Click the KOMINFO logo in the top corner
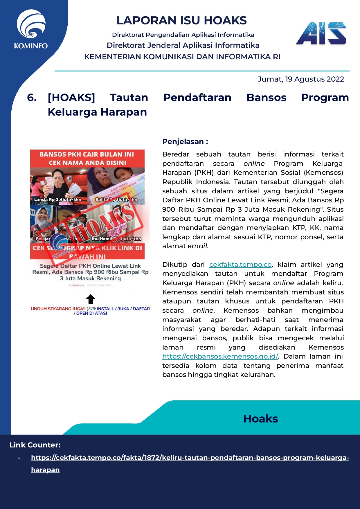[x=31, y=29]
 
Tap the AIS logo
[x=321, y=33]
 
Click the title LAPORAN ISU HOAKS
[x=181, y=21]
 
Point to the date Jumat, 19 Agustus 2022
[x=300, y=79]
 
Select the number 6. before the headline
[x=32, y=98]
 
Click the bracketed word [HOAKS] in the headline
[x=71, y=98]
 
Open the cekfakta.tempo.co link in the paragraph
[x=240, y=265]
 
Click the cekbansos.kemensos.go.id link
[x=220, y=356]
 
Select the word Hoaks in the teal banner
[x=260, y=419]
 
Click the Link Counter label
[x=35, y=445]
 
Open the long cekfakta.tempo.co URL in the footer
[x=190, y=458]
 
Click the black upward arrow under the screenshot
[x=91, y=299]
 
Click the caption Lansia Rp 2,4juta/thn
[x=58, y=199]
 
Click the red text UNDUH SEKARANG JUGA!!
[x=58, y=309]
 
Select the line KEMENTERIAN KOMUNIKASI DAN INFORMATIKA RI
[x=182, y=57]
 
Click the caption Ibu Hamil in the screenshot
[x=102, y=239]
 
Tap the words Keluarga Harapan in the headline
[x=97, y=112]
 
